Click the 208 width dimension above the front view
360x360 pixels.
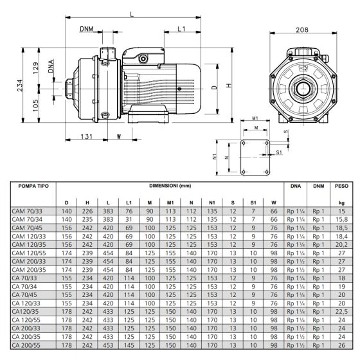[x=302, y=30]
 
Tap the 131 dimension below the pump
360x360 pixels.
[x=87, y=136]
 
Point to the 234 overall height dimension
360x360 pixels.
[x=20, y=85]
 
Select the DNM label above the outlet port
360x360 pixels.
[x=87, y=29]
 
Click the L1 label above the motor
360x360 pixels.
[x=181, y=29]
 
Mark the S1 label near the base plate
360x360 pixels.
[x=279, y=152]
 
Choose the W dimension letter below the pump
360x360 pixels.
[x=119, y=136]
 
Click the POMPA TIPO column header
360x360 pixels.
[x=33, y=186]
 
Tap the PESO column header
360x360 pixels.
[x=341, y=186]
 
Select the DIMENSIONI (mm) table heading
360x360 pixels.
[x=170, y=186]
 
